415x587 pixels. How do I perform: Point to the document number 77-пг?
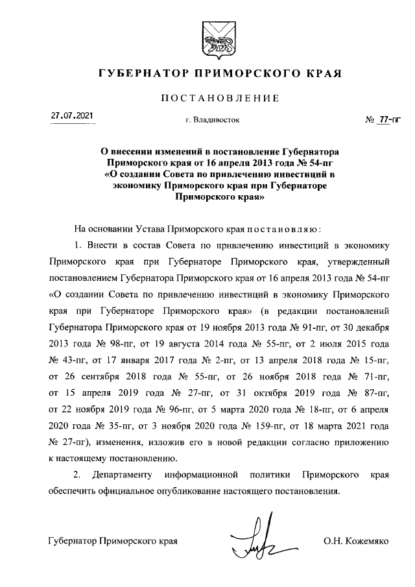(389, 120)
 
